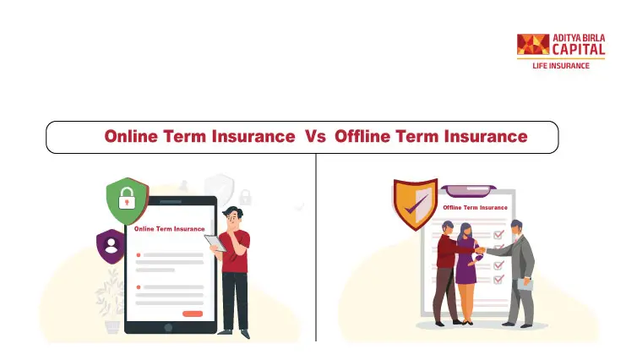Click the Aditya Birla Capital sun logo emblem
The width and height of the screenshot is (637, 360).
click(x=533, y=44)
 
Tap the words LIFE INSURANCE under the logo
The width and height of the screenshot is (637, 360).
click(x=561, y=66)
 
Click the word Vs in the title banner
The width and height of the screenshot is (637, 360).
click(x=315, y=137)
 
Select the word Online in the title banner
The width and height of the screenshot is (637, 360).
click(x=131, y=136)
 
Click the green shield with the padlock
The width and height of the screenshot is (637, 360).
click(x=128, y=201)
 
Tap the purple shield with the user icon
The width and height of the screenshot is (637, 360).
click(x=111, y=246)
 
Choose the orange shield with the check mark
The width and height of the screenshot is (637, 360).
click(x=415, y=204)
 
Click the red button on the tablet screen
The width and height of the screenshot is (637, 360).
click(x=193, y=314)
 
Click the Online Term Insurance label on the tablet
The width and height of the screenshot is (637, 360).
click(x=170, y=229)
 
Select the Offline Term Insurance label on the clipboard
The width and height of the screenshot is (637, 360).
click(x=475, y=207)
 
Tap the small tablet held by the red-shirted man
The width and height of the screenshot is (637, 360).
click(x=215, y=243)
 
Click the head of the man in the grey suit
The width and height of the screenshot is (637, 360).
click(x=516, y=228)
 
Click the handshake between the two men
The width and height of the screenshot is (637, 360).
click(x=481, y=250)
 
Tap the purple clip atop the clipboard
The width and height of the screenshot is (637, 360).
click(x=468, y=190)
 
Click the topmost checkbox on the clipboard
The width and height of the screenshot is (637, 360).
click(x=498, y=234)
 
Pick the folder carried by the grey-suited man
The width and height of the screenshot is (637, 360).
click(x=525, y=284)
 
